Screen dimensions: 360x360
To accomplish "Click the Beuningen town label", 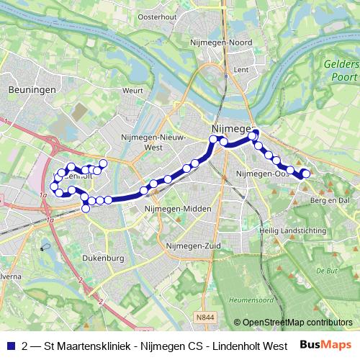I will pyautogui.click(x=27, y=90).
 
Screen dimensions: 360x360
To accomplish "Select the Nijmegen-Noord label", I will pyautogui.click(x=220, y=42).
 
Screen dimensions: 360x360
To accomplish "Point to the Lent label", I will pyautogui.click(x=241, y=70).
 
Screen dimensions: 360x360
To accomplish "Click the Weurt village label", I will pyautogui.click(x=133, y=91).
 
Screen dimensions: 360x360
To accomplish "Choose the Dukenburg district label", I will pyautogui.click(x=104, y=257).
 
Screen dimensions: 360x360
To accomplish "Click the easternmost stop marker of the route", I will pyautogui.click(x=305, y=173).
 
